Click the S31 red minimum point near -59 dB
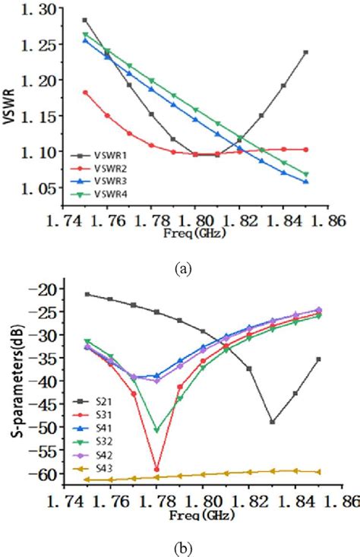pyautogui.click(x=156, y=470)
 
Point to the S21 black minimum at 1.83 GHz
pyautogui.click(x=273, y=422)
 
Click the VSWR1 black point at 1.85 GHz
pyautogui.click(x=306, y=52)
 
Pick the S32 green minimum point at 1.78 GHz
pyautogui.click(x=156, y=430)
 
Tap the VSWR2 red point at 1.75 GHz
pyautogui.click(x=86, y=93)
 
